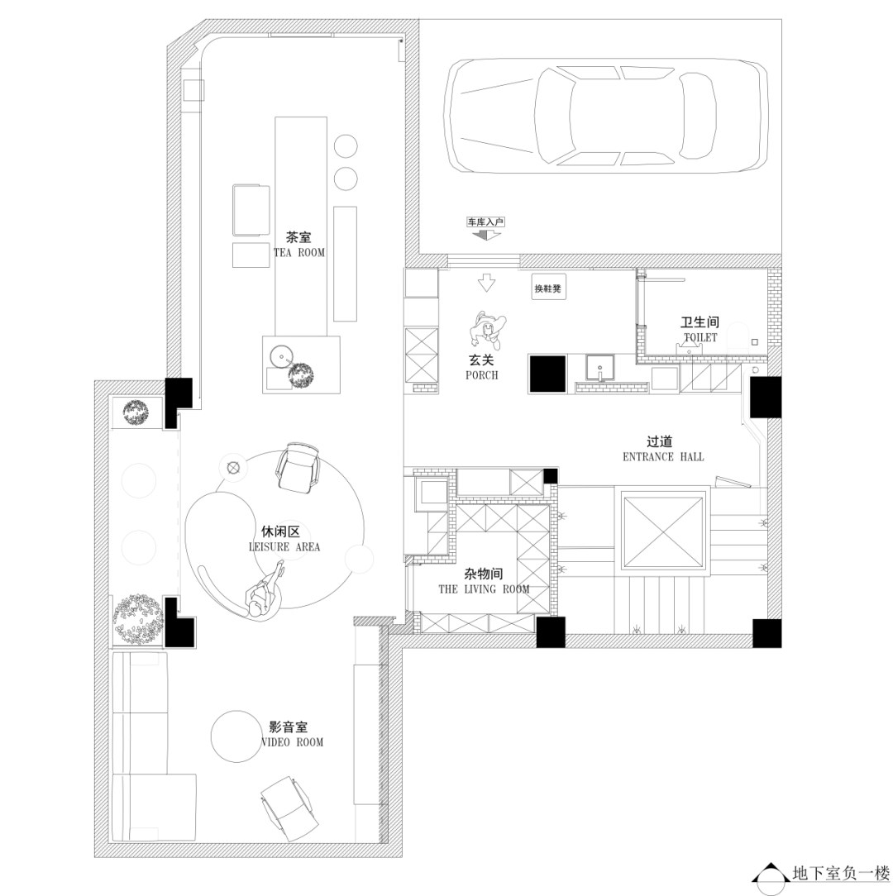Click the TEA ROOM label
pyautogui.click(x=299, y=253)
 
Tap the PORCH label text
pyautogui.click(x=481, y=375)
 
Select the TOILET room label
pyautogui.click(x=700, y=337)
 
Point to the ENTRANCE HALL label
pyautogui.click(x=663, y=456)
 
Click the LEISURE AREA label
pyautogui.click(x=284, y=547)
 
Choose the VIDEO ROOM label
pyautogui.click(x=292, y=742)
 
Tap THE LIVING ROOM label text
pyautogui.click(x=484, y=589)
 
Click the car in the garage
pyautogui.click(x=607, y=116)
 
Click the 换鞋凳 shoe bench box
pyautogui.click(x=548, y=288)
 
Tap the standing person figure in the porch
pyautogui.click(x=488, y=330)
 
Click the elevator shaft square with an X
pyautogui.click(x=663, y=532)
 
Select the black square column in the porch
pyautogui.click(x=547, y=374)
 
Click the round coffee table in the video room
pyautogui.click(x=236, y=736)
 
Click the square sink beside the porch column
pyautogui.click(x=599, y=368)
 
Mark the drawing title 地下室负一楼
pyautogui.click(x=841, y=873)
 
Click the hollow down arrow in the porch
pyautogui.click(x=486, y=283)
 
